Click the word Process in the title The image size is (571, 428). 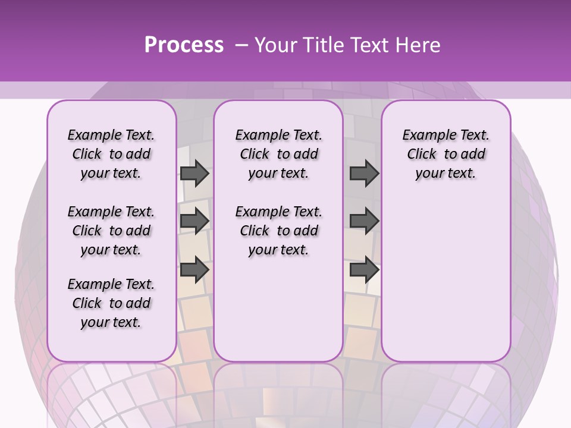tap(184, 45)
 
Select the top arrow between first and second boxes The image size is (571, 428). tap(194, 174)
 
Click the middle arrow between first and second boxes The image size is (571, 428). tap(194, 221)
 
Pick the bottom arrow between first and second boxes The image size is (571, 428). tap(194, 269)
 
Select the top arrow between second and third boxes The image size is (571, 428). tap(364, 174)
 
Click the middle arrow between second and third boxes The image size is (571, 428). tap(364, 221)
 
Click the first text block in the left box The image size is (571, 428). tap(111, 154)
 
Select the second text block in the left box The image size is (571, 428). tap(111, 231)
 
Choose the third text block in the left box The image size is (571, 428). tap(111, 303)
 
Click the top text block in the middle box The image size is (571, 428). tap(278, 154)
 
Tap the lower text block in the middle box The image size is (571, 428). tap(278, 231)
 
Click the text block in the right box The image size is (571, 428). tap(445, 154)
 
